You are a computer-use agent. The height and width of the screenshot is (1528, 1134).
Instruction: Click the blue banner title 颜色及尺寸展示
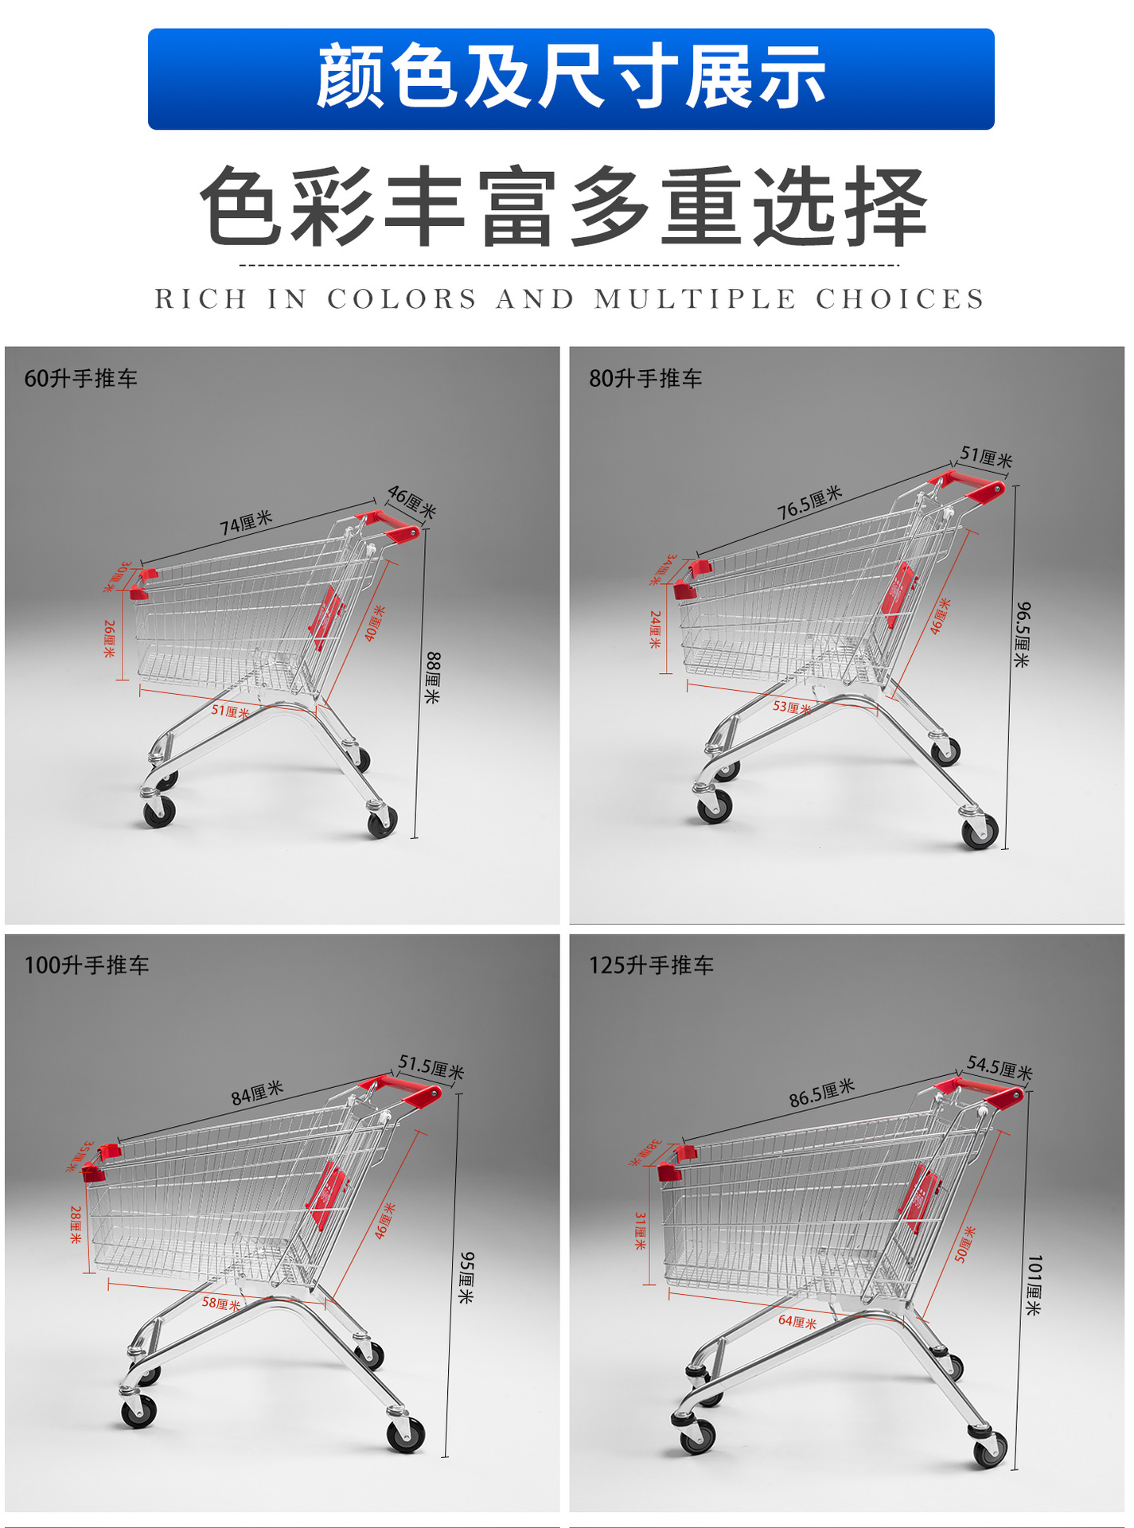click(571, 77)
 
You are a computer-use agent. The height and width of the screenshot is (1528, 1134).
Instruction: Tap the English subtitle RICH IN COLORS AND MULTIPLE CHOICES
click(570, 299)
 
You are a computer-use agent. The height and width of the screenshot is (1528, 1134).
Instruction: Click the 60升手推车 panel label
click(80, 379)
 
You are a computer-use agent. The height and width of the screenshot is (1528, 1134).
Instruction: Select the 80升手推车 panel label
click(645, 379)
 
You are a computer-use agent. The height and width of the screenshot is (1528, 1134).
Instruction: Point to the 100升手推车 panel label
click(87, 965)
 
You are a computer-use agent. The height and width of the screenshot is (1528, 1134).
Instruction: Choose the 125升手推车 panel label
click(651, 965)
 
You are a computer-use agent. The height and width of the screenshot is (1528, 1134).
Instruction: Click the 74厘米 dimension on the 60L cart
click(246, 523)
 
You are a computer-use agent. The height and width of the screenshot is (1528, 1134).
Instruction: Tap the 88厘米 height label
click(432, 677)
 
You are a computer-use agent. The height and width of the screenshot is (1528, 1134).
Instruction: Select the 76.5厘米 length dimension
click(809, 503)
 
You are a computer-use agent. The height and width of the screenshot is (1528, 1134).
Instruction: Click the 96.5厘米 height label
click(1023, 634)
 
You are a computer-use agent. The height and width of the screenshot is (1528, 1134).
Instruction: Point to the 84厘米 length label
click(257, 1093)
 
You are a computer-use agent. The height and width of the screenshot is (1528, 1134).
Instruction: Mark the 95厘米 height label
click(467, 1277)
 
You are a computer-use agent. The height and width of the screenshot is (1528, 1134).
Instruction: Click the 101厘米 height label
click(1033, 1284)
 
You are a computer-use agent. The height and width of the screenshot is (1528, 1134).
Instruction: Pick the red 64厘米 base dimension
click(797, 1322)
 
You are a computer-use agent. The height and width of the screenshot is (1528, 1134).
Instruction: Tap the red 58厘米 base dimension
click(220, 1304)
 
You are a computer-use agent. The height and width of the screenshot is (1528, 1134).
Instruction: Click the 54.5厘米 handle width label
click(1000, 1067)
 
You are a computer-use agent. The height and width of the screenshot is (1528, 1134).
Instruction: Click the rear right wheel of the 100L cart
click(406, 1435)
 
